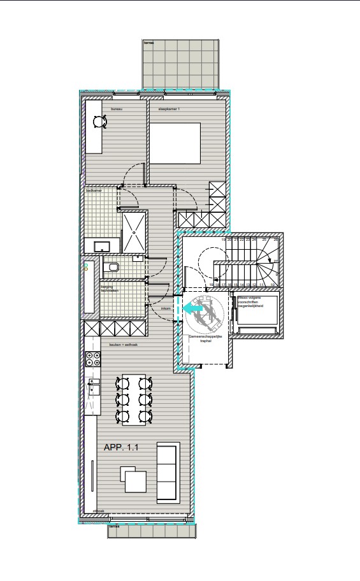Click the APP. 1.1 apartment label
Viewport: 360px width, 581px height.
click(x=121, y=448)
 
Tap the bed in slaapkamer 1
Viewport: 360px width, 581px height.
click(x=175, y=143)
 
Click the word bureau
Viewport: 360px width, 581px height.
click(x=116, y=110)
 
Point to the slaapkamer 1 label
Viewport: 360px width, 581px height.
click(x=169, y=110)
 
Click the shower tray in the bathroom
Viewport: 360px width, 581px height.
click(x=134, y=233)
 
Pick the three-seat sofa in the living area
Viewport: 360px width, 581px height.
click(x=168, y=472)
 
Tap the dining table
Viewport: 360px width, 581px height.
click(x=133, y=399)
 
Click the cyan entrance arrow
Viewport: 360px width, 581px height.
click(x=194, y=308)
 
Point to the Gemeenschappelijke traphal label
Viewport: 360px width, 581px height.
click(x=203, y=338)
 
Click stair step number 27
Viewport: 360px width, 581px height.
click(x=276, y=261)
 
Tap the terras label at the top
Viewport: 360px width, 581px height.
click(x=148, y=43)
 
